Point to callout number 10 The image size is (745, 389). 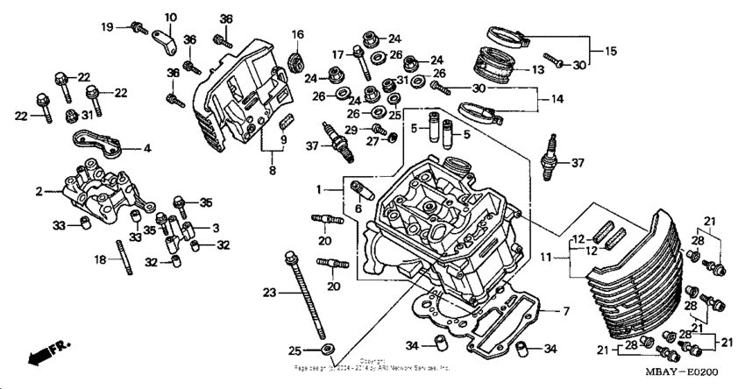(x=170, y=17)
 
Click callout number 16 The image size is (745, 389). (x=298, y=34)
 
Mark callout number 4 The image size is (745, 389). (x=147, y=149)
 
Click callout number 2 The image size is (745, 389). (x=39, y=190)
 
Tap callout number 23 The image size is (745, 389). (x=269, y=293)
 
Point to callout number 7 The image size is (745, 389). (x=566, y=311)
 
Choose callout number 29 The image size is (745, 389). (x=350, y=130)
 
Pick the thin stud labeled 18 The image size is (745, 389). (x=129, y=261)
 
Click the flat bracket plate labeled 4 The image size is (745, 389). (x=94, y=139)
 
